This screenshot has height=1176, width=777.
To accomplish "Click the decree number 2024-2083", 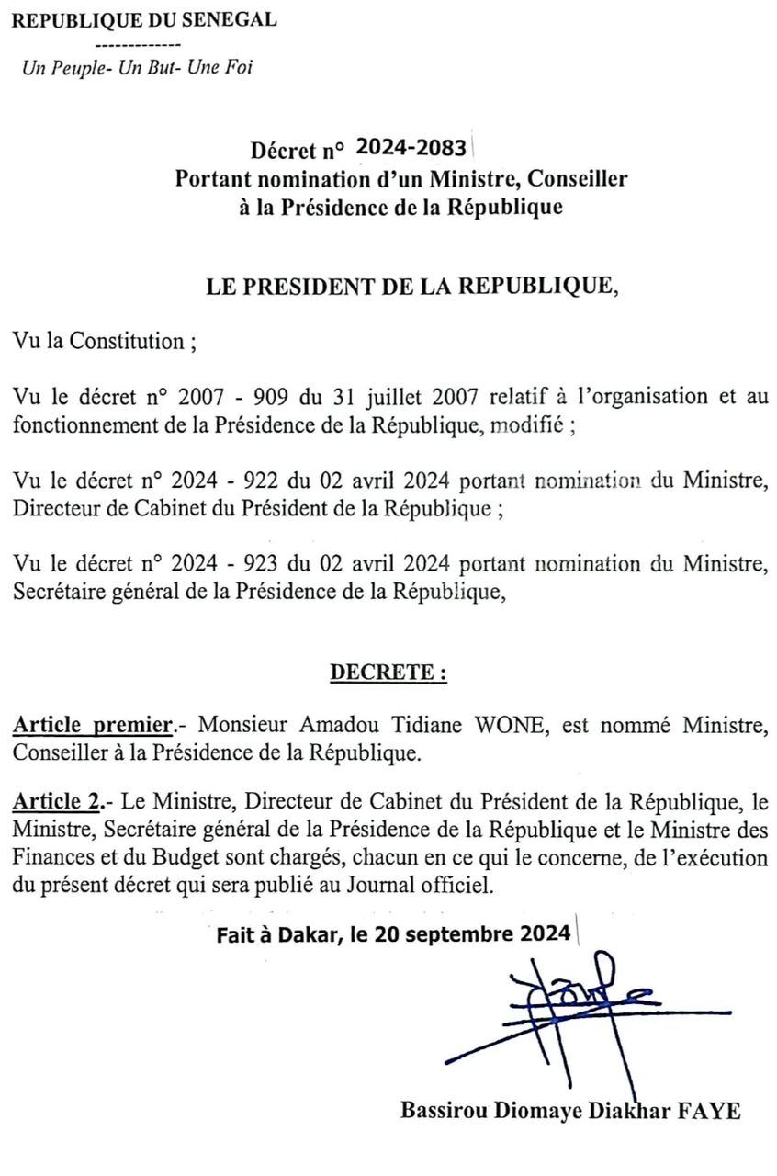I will pos(411,147).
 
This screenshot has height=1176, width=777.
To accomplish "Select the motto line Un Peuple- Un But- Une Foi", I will pos(137,67).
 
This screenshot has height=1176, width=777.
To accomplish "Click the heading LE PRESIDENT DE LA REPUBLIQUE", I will pos(412,286).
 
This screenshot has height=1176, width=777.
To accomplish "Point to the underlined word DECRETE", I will pos(388,673).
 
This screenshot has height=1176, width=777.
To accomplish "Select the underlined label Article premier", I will pos(93,727).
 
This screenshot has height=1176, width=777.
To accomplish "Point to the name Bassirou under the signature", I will pos(442,1109).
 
